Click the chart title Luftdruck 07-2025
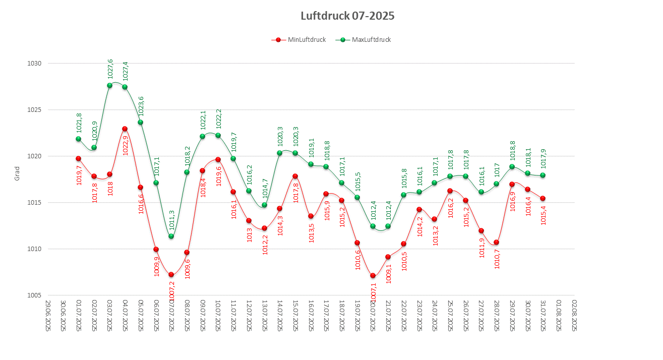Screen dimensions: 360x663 [347, 16]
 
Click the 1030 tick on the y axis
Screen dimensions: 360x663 [35, 64]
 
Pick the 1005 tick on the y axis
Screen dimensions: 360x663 [35, 295]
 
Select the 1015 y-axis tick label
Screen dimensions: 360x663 [35, 203]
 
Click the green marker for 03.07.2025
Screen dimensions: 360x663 [109, 85]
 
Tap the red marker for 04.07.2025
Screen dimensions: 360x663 [125, 129]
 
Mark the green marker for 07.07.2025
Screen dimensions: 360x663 [171, 236]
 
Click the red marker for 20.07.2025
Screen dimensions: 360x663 [373, 276]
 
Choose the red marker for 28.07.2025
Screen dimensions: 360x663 [497, 243]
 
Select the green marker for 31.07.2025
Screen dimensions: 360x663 [543, 175]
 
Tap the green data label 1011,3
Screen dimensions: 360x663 [172, 220]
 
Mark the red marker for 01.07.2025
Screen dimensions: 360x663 [79, 158]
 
